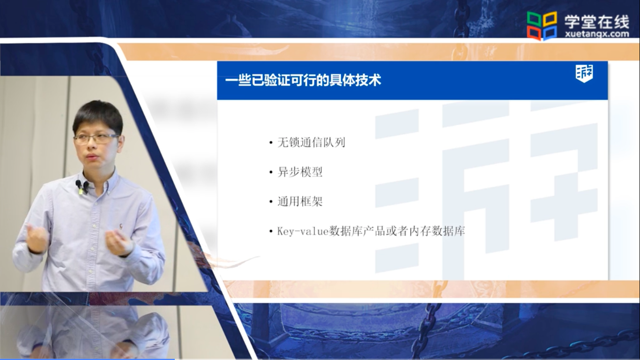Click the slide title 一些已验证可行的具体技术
[x=303, y=80]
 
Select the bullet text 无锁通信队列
[x=311, y=142]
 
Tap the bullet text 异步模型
[x=300, y=172]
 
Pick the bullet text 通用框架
[x=300, y=202]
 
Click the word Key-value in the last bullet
[x=303, y=231]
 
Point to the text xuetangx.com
[x=597, y=34]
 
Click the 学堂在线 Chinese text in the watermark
[x=597, y=22]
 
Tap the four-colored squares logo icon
[x=542, y=25]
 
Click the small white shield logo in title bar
[x=584, y=74]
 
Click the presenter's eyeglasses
[x=96, y=139]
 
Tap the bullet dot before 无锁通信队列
[x=271, y=142]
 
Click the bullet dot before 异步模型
[x=271, y=172]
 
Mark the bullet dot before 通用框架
[x=271, y=202]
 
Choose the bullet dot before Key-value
[x=271, y=232]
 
